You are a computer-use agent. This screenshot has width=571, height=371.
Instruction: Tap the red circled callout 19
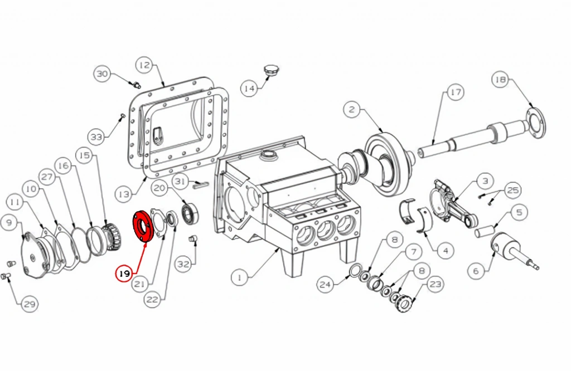pyautogui.click(x=124, y=273)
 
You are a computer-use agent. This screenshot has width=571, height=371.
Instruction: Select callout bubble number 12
pyautogui.click(x=144, y=66)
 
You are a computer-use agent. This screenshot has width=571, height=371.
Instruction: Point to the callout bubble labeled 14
pyautogui.click(x=249, y=89)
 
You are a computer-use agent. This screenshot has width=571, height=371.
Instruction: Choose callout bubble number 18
pyautogui.click(x=501, y=80)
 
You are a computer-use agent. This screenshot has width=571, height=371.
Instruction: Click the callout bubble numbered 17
pyautogui.click(x=455, y=92)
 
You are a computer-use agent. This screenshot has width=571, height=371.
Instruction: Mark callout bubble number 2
pyautogui.click(x=352, y=109)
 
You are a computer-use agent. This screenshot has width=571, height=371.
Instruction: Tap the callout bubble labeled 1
pyautogui.click(x=240, y=278)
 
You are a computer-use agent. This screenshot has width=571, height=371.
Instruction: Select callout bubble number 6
pyautogui.click(x=476, y=271)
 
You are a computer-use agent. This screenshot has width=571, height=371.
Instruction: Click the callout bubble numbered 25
pyautogui.click(x=513, y=190)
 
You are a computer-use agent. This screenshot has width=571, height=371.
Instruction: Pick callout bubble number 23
pyautogui.click(x=435, y=284)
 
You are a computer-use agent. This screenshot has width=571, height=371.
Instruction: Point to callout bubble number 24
pyautogui.click(x=326, y=284)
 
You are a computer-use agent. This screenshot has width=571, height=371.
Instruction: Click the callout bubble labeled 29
pyautogui.click(x=29, y=304)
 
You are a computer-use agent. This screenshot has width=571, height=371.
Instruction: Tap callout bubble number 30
pyautogui.click(x=103, y=74)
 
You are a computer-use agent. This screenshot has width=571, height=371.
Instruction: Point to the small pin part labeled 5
pyautogui.click(x=485, y=232)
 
